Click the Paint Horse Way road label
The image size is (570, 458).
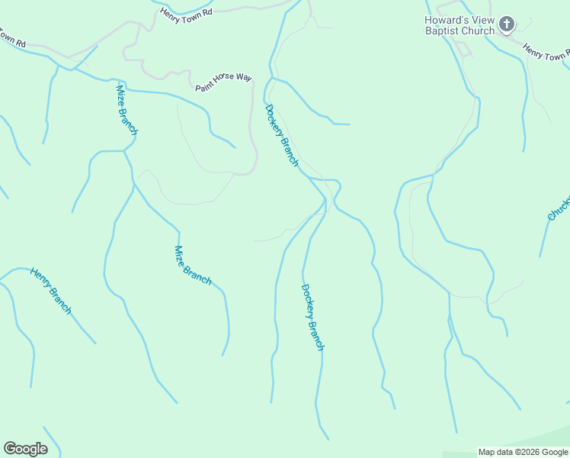pos(223,82)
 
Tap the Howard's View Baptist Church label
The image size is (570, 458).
pos(460,26)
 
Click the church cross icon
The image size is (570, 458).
pos(507,26)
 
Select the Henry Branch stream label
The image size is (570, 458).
pos(51,291)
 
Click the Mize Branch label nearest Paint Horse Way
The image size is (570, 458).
pos(126,110)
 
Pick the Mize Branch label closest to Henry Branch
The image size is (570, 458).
pos(193,265)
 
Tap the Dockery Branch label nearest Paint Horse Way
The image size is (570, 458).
pos(282,134)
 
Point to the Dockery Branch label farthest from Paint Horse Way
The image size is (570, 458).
pos(312,317)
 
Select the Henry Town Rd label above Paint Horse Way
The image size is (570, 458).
pos(185,17)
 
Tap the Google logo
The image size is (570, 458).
pos(26,449)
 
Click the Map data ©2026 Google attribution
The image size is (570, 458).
pos(523,452)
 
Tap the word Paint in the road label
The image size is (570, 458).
pos(204,86)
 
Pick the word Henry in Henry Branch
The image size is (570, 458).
pos(40,279)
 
